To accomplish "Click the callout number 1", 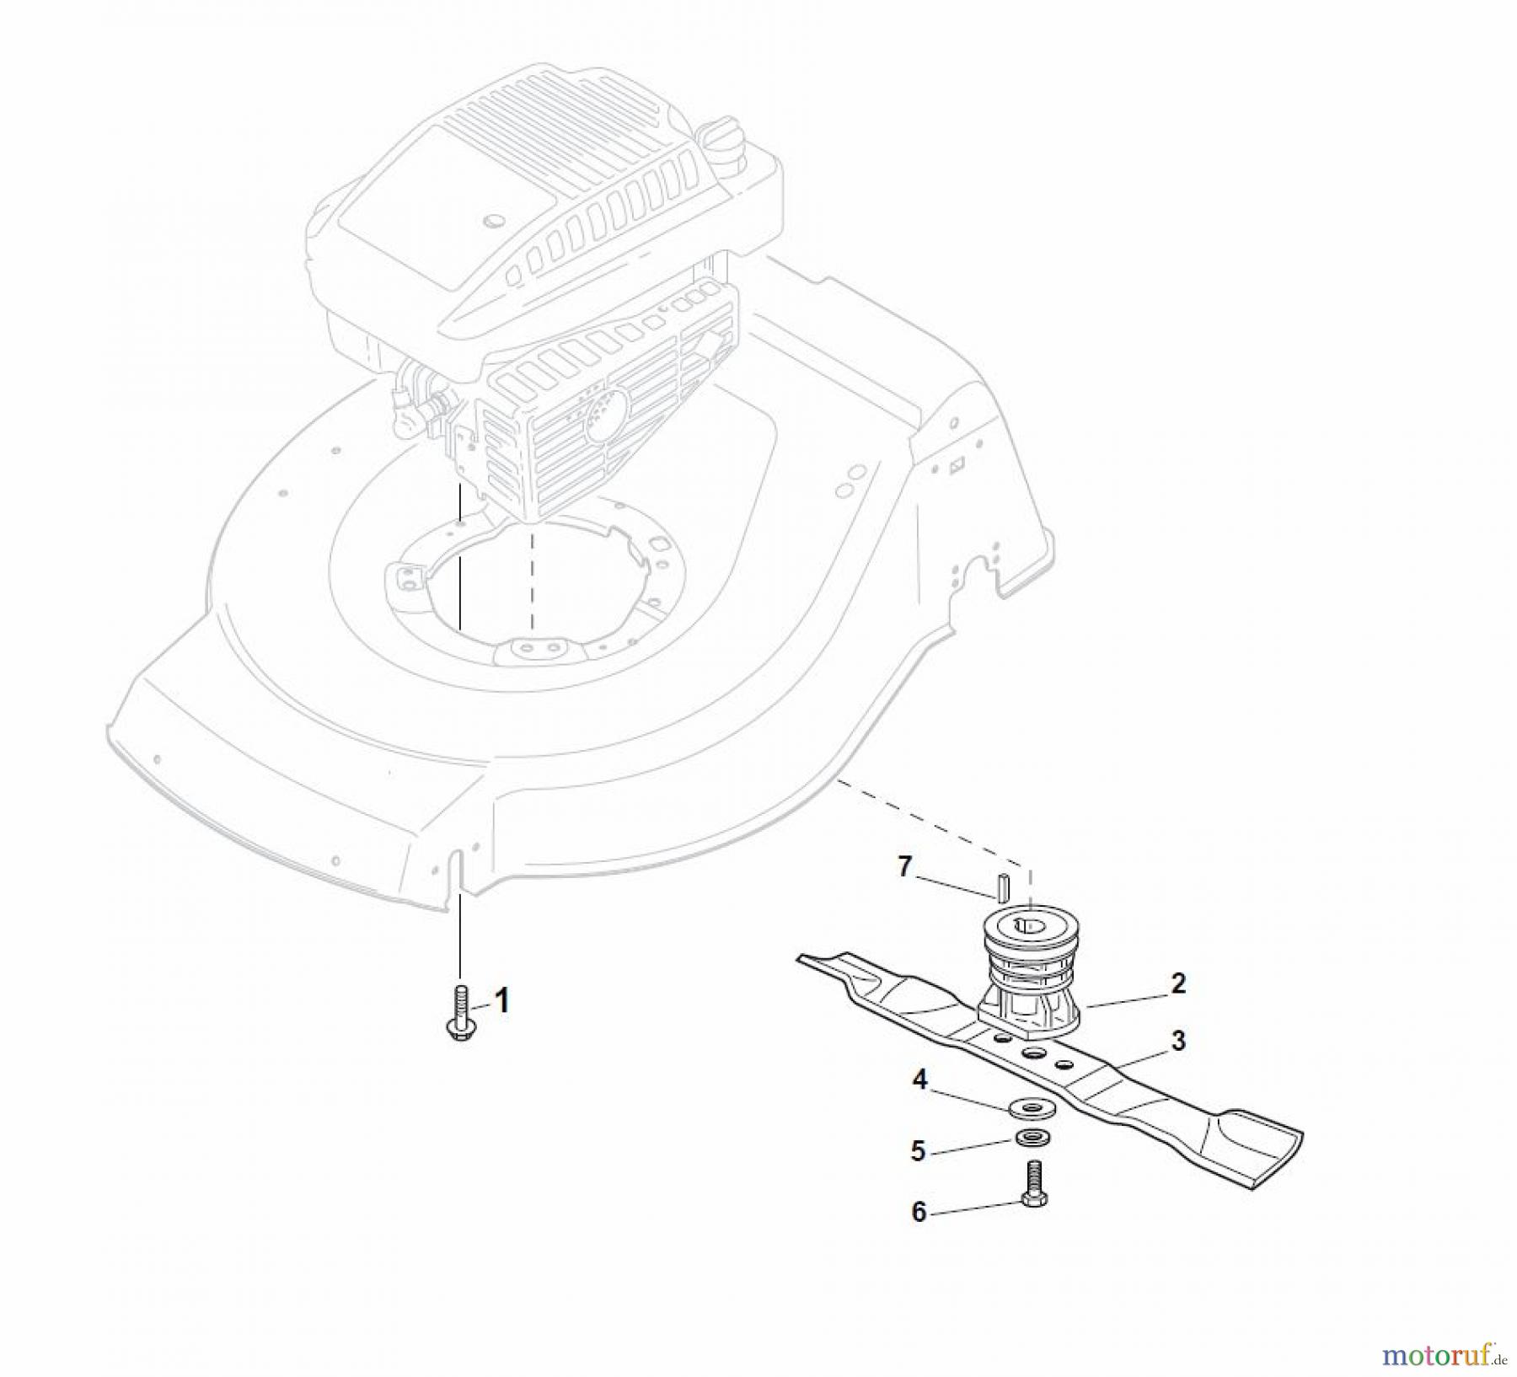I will (502, 1001).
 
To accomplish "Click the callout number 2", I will (1178, 983).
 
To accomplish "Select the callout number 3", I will (1178, 1041).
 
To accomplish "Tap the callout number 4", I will (919, 1080).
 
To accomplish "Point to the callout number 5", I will (919, 1150).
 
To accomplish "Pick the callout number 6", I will (919, 1212).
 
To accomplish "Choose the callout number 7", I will (905, 866).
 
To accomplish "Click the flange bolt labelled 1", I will (459, 1015).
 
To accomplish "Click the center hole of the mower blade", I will (1032, 1054).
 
